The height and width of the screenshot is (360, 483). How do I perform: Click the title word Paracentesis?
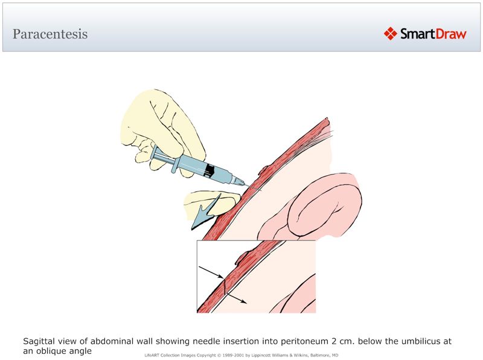click(50, 34)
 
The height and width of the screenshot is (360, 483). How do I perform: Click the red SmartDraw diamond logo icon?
click(391, 34)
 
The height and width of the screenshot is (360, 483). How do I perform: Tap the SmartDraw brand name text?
click(433, 34)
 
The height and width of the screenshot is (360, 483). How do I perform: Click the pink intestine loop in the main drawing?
click(326, 205)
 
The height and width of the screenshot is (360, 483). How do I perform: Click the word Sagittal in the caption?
click(40, 341)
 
